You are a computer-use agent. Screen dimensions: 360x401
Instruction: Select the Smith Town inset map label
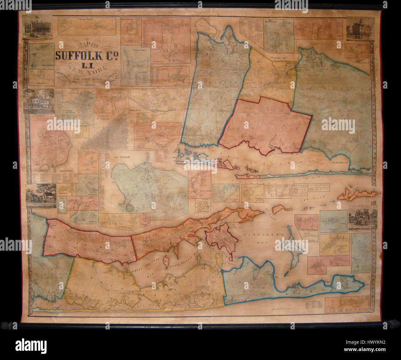click(x=87, y=19)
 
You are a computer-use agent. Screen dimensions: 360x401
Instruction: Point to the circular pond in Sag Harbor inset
click(x=130, y=209)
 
